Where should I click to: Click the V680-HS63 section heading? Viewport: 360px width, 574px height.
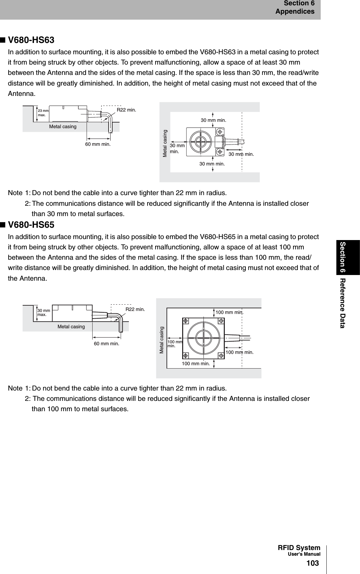pos(31,41)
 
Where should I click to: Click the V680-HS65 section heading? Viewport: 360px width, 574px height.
pos(31,225)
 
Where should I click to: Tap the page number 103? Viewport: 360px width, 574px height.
pos(312,563)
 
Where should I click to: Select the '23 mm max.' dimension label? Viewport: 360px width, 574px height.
pos(43,113)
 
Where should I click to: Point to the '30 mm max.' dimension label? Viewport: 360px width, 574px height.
pos(44,312)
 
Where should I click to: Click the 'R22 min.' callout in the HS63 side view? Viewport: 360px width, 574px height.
pos(126,110)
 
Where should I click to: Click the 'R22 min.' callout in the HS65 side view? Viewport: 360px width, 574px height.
pos(135,309)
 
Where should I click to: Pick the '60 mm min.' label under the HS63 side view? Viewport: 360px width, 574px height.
pos(98,144)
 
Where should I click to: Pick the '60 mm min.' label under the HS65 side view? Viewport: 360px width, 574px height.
pos(107,343)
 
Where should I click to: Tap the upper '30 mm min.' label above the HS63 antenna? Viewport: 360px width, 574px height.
pos(213,120)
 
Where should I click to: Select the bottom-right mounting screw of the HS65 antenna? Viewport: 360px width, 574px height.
pos(221,356)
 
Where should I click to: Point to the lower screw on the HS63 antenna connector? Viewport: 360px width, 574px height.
pos(220,151)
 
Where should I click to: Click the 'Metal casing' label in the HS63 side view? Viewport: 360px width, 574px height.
pos(63,127)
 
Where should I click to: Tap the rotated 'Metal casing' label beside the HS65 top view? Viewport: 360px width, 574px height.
pos(162,340)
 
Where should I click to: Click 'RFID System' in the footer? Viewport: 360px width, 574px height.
pos(299,548)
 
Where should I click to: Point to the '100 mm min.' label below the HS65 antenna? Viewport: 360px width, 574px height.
pos(196,364)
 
